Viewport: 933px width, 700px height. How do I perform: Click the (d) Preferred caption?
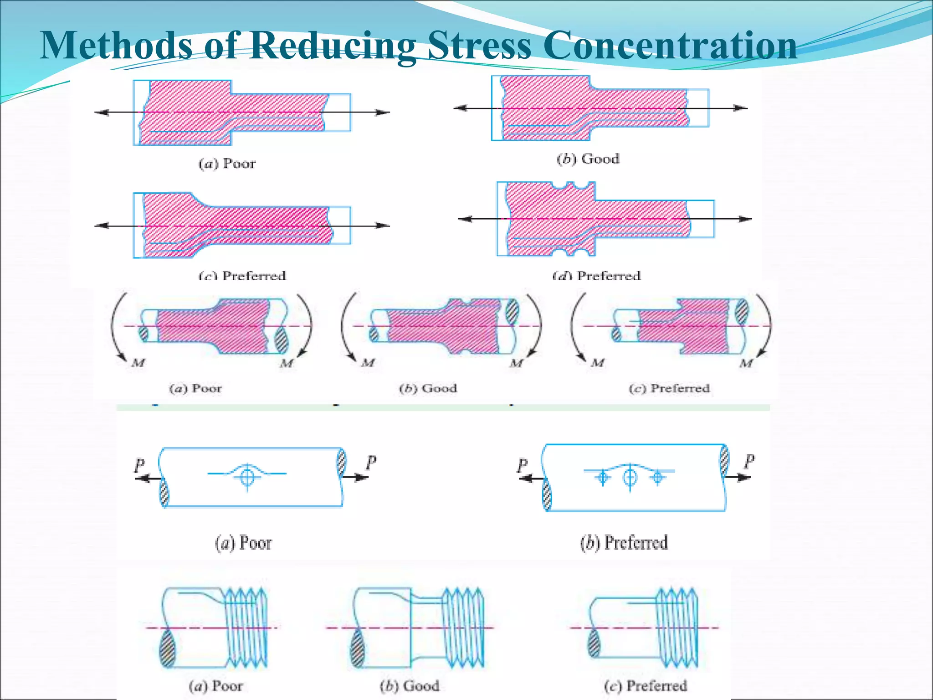[597, 275]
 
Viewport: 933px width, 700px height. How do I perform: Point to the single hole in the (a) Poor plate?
[247, 477]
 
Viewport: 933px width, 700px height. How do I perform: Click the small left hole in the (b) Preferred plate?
[603, 478]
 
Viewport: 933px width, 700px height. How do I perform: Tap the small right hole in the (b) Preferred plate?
[657, 477]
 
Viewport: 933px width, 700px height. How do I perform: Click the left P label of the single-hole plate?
[139, 465]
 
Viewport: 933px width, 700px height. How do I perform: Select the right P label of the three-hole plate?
[749, 461]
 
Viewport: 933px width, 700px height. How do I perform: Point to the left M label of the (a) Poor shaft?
[138, 363]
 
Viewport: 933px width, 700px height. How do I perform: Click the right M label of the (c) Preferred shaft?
[746, 363]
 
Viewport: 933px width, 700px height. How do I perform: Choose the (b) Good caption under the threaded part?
[410, 685]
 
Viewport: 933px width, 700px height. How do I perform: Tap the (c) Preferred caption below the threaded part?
[645, 685]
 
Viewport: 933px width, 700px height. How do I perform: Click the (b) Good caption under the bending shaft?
[428, 388]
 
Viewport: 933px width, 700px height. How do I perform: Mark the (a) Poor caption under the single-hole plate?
[243, 543]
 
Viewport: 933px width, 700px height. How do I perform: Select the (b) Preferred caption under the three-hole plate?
[624, 542]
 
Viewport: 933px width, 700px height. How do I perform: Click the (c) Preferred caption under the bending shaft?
[669, 388]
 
